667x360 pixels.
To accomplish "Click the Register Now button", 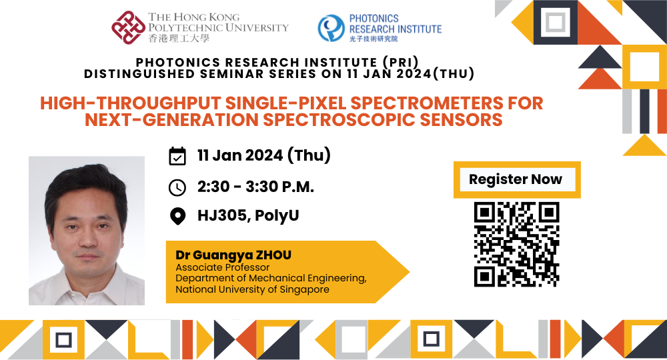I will coord(516,179).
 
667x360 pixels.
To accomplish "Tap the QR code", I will coord(516,244).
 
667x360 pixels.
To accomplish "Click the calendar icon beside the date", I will coord(177,156).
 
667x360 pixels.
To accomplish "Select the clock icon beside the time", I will coord(177,187).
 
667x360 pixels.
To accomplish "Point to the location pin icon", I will coord(177,217).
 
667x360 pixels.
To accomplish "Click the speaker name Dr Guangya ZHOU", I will coord(233,255).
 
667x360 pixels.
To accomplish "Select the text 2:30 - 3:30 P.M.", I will coord(255,187).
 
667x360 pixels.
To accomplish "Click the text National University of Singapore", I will coord(252,289).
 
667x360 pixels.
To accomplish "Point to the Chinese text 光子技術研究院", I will coord(374,39).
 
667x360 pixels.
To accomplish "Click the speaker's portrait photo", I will coord(87,231).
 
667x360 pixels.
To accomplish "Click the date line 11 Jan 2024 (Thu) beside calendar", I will coord(264,156).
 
